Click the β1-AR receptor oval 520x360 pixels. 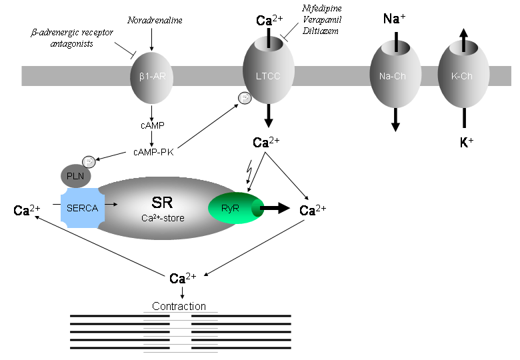pos(153,76)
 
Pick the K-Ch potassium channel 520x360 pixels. pos(463,76)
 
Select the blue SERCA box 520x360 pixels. pos(81,208)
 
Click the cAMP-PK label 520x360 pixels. pos(153,153)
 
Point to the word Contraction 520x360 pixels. pos(179,306)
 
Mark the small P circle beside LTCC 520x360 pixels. pos(245,100)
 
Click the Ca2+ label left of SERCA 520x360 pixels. pos(27,211)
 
